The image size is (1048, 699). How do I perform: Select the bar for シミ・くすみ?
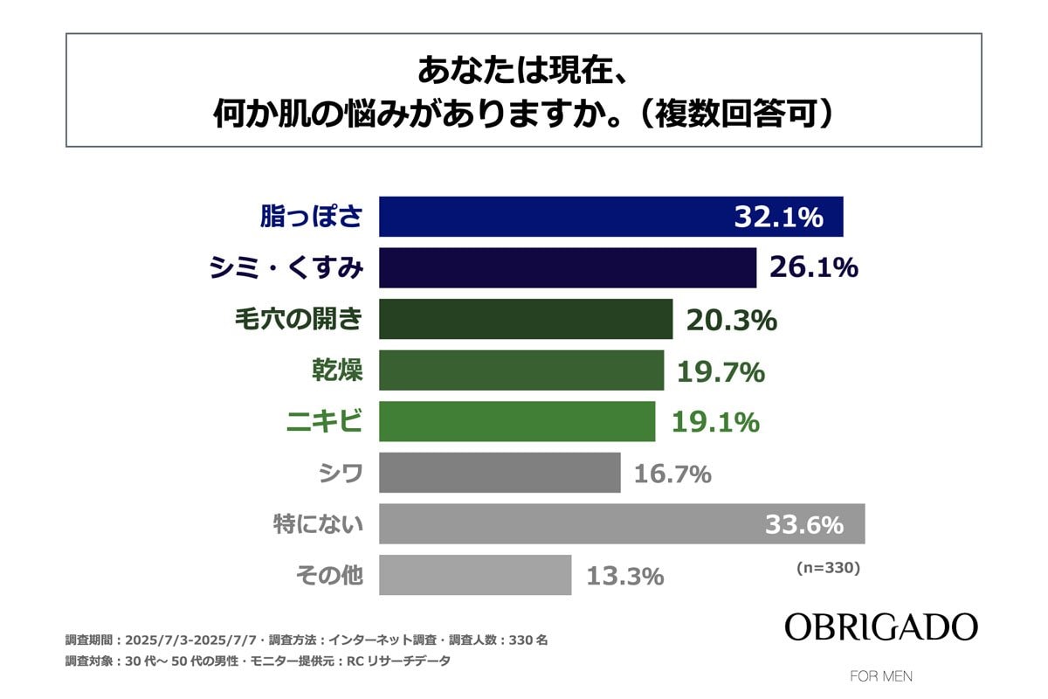pos(568,268)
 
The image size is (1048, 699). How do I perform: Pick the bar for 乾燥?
pos(521,370)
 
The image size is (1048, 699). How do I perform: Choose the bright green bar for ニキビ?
pos(517,422)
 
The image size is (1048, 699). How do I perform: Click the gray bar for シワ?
pos(500,474)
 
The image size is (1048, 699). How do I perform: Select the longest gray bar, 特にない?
pos(568,524)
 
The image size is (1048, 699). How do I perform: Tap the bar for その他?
pos(475,576)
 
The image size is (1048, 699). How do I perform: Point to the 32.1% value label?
pos(778,218)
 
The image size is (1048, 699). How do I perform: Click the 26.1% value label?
pos(813,268)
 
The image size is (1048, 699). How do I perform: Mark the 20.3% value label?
pos(731,321)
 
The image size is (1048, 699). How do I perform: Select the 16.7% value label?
pos(672,475)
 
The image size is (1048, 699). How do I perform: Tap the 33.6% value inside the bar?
pos(804,525)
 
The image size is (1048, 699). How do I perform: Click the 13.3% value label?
pos(624,577)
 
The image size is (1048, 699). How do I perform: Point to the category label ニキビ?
pos(325,423)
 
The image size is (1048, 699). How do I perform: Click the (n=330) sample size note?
pos(828,568)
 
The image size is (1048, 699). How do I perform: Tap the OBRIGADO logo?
pos(880,626)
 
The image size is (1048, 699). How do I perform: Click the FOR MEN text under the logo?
pos(881,676)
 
